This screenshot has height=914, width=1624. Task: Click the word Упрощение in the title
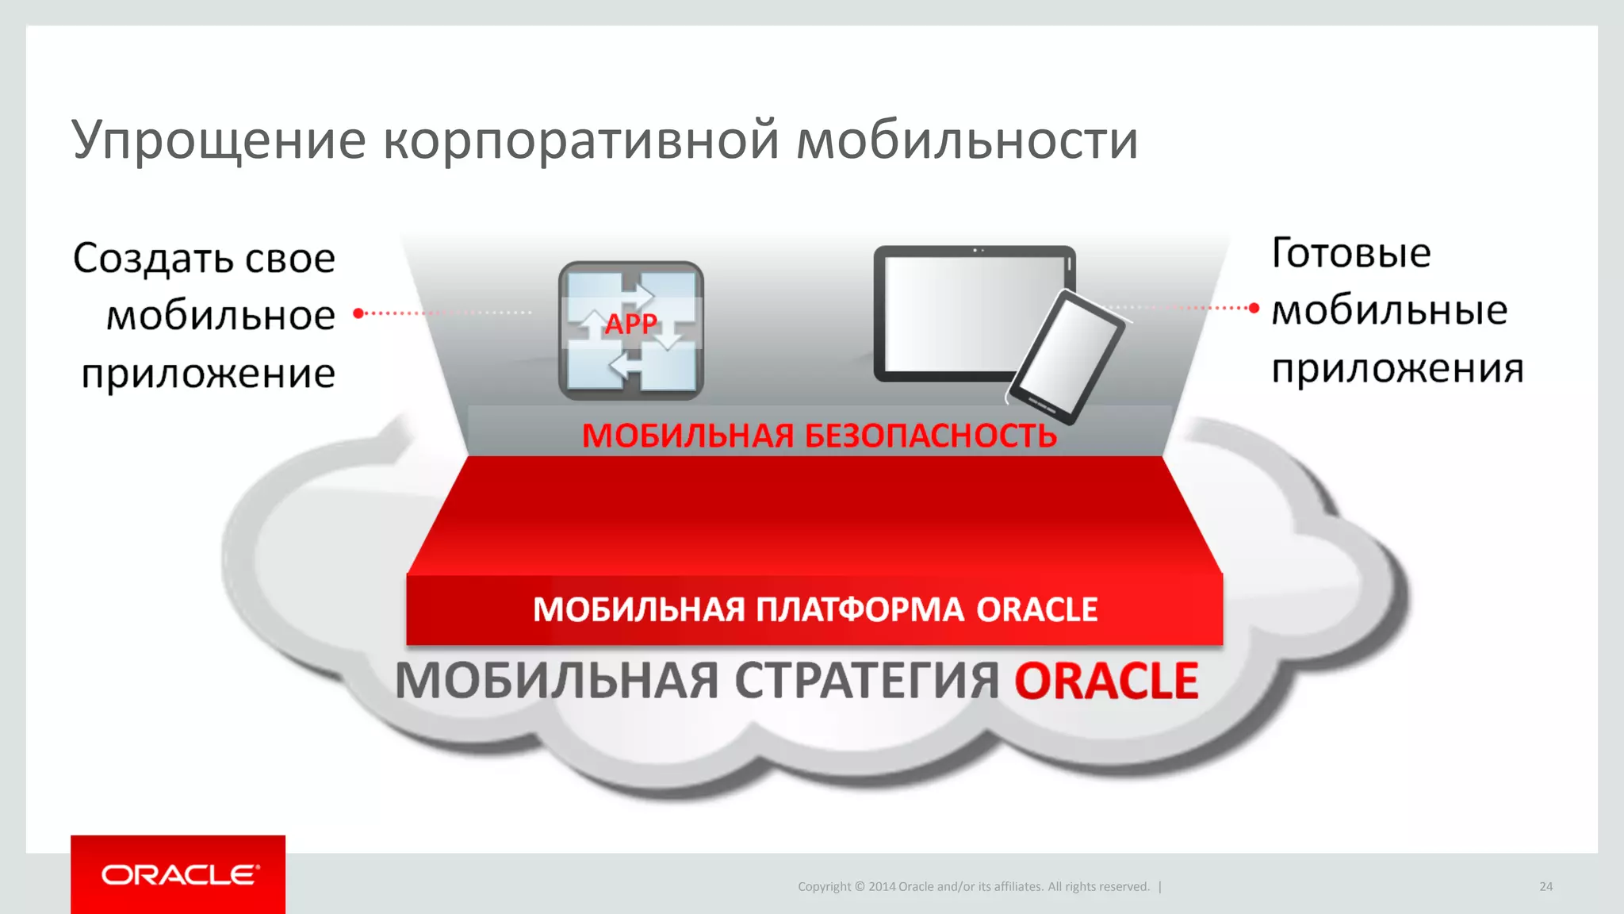point(219,141)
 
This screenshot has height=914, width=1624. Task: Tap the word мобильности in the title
point(967,141)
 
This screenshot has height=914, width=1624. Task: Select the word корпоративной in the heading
point(581,141)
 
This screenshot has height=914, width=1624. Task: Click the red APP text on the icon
point(631,324)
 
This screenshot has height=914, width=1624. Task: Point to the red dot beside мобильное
point(358,313)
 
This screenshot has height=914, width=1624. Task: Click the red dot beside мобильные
point(1254,308)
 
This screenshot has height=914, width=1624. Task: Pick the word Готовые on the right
point(1351,253)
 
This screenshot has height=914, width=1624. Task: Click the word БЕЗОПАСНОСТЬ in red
point(931,436)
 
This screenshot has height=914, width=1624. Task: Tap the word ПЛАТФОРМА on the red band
point(860,609)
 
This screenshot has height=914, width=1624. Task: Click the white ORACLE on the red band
point(1036,609)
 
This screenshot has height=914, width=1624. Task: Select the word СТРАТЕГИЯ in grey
point(867,681)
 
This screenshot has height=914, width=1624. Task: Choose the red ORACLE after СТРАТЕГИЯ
point(1106,681)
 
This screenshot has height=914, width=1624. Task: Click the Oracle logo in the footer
point(179,874)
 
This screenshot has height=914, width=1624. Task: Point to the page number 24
point(1545,886)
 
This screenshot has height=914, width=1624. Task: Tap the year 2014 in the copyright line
point(882,886)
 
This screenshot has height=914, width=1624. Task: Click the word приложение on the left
point(209,374)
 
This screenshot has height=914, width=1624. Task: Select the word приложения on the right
point(1397,369)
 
